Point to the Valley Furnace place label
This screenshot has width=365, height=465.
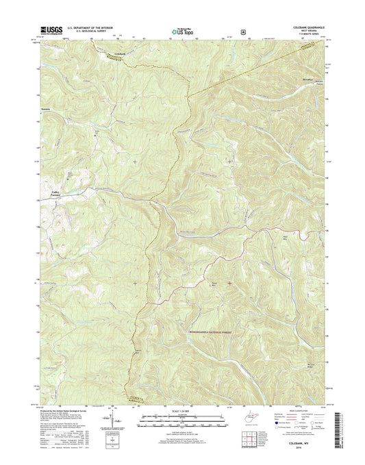pos(55,194)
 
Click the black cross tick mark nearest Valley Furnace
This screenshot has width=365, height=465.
pos(135,162)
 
